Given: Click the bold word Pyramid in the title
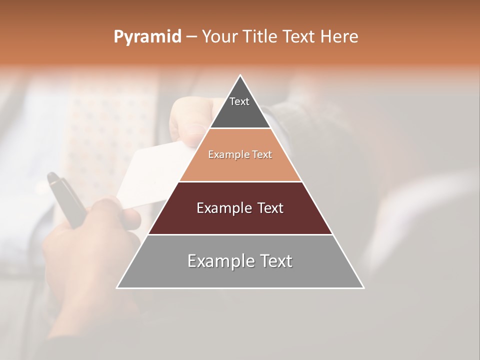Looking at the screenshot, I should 147,37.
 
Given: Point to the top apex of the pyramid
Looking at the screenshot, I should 240,76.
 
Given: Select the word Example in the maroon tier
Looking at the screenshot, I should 223,208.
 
